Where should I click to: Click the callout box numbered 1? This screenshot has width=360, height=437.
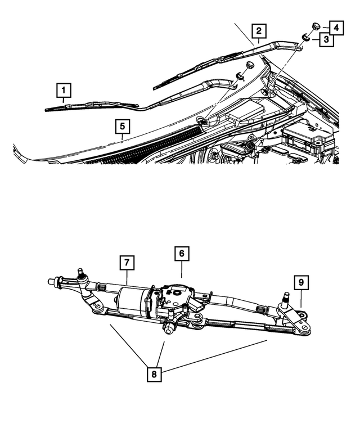64,90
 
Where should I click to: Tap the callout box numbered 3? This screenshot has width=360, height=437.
325,39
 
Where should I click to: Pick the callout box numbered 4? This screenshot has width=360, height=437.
335,26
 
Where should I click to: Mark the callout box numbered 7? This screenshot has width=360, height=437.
127,263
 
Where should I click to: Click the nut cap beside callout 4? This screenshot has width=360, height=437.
314,25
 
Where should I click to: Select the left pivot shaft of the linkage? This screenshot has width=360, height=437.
81,275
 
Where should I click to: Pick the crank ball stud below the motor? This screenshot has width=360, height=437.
167,328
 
